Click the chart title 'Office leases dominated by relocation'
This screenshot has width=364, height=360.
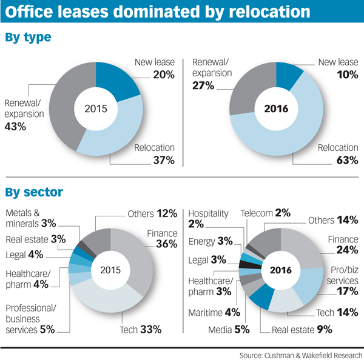(159, 12)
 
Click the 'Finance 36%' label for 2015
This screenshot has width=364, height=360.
(160, 239)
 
